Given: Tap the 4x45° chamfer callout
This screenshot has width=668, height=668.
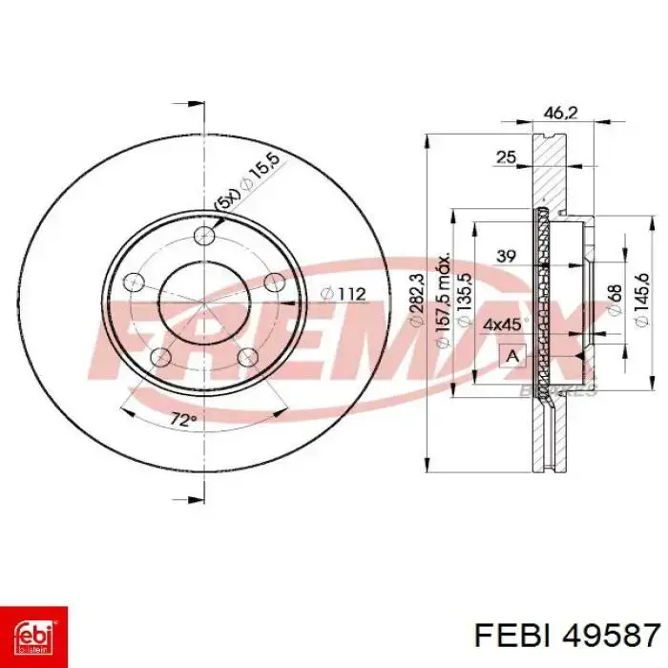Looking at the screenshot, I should pos(501,324).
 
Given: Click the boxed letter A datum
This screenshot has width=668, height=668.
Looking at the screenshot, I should pos(512,357).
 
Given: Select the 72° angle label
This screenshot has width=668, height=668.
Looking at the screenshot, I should pos(183,420).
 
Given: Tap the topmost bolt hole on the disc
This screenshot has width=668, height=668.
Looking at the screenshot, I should pos(202,237).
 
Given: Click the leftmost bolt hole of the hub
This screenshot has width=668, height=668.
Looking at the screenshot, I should pos(135,282).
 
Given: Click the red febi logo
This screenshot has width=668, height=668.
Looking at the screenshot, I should pos(32,632).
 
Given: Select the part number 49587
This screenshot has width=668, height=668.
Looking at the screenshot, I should pos(611,634).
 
